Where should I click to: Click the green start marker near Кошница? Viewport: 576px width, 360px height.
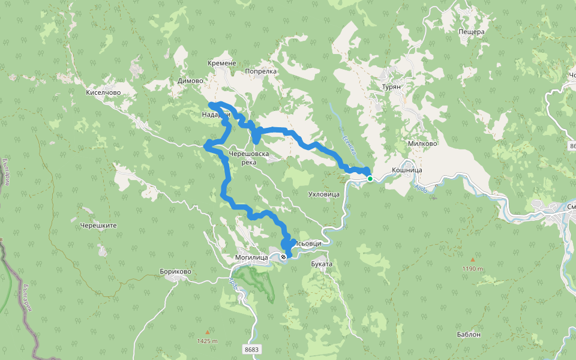click(370, 179)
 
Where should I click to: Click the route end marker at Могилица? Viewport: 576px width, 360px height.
click(283, 257)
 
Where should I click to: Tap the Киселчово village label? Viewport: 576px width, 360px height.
click(104, 93)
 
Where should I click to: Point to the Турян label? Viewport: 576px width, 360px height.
click(395, 86)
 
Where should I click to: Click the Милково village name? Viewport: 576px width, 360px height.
click(422, 143)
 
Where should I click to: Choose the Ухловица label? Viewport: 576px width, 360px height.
click(323, 194)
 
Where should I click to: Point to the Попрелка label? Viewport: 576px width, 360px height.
click(261, 71)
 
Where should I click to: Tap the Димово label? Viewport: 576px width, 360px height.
click(191, 80)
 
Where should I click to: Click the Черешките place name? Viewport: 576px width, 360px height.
click(98, 226)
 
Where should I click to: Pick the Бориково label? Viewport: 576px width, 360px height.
click(176, 272)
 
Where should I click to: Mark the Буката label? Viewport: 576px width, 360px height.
click(322, 263)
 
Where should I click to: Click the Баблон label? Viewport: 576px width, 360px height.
click(469, 335)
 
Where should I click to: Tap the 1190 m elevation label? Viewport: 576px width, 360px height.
click(473, 269)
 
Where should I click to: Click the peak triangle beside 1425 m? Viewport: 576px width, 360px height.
click(208, 332)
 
